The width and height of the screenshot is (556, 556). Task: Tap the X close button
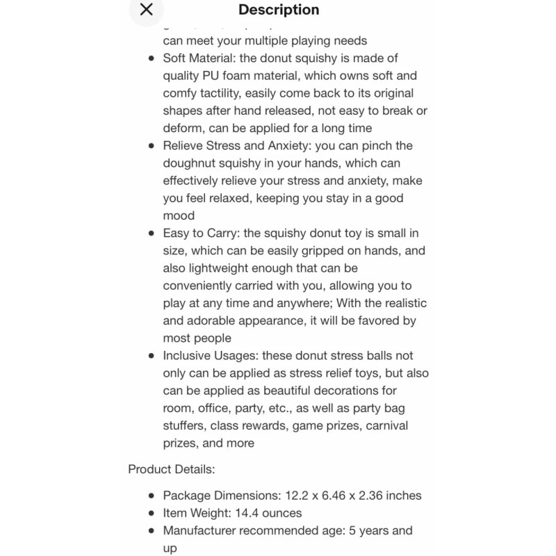pyautogui.click(x=146, y=10)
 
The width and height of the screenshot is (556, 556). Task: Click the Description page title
pyautogui.click(x=279, y=10)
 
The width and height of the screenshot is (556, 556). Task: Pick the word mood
pyautogui.click(x=179, y=215)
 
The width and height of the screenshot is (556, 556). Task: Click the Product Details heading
pyautogui.click(x=172, y=469)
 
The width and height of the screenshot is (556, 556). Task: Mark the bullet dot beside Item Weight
pyautogui.click(x=152, y=514)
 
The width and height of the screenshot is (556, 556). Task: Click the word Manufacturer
pyautogui.click(x=201, y=531)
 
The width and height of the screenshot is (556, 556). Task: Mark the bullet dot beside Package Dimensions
pyautogui.click(x=152, y=496)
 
